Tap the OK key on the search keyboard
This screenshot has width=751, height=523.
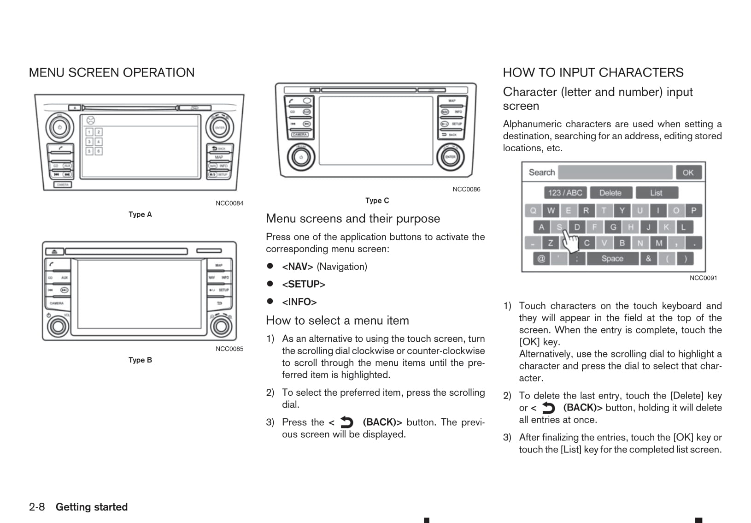[688, 172]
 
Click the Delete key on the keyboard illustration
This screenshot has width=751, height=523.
[610, 193]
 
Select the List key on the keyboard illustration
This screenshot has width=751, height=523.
[656, 193]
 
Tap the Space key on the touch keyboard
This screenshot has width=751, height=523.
[612, 259]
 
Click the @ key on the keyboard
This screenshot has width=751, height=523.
[541, 259]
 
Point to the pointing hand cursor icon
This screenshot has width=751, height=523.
[570, 241]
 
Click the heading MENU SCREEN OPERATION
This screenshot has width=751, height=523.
[111, 73]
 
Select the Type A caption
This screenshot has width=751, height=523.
[140, 214]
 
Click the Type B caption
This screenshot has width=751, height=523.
[140, 360]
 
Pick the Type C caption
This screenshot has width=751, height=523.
[377, 201]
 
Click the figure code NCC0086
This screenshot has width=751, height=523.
[466, 189]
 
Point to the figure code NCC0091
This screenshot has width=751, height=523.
[703, 278]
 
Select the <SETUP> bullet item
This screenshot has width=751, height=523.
[304, 285]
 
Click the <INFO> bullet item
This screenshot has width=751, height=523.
[299, 302]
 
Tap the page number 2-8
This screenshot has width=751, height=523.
[37, 507]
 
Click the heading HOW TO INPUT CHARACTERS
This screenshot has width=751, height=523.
[593, 73]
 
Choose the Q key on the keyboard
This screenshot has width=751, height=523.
[533, 211]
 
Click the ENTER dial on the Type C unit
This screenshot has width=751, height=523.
[450, 157]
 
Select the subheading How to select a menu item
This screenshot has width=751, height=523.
[337, 321]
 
